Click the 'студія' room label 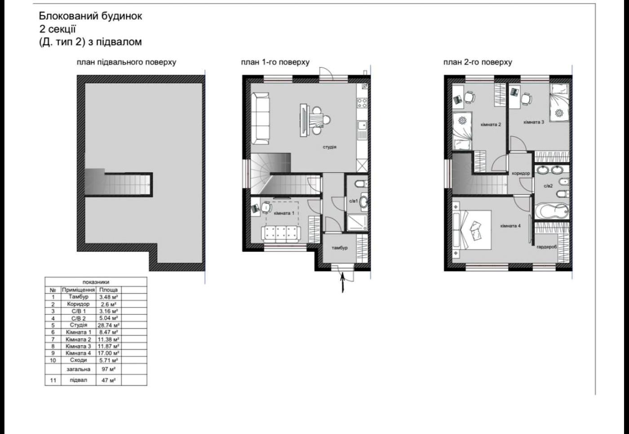pos(329,147)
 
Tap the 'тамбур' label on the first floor pos(339,248)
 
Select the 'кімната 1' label pos(284,213)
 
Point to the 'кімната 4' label pos(510,226)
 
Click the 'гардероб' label pos(546,247)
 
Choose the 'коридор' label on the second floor pos(521,173)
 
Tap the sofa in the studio pos(260,118)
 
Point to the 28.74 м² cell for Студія pos(108,325)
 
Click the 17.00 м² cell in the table pos(108,353)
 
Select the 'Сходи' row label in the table pos(78,360)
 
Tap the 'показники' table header pos(96,282)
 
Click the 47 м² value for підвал pos(108,380)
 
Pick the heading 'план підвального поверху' pos(126,62)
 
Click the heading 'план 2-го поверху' pos(477,62)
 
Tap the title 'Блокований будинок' pos(90,16)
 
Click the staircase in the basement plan pos(119,184)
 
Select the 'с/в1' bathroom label pos(353,201)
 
